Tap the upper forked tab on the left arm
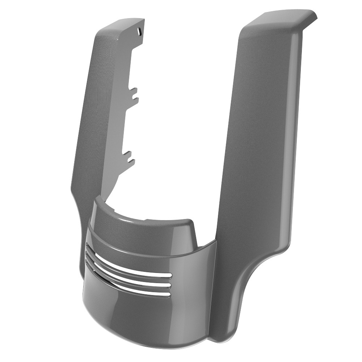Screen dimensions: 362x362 click(134, 93)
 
